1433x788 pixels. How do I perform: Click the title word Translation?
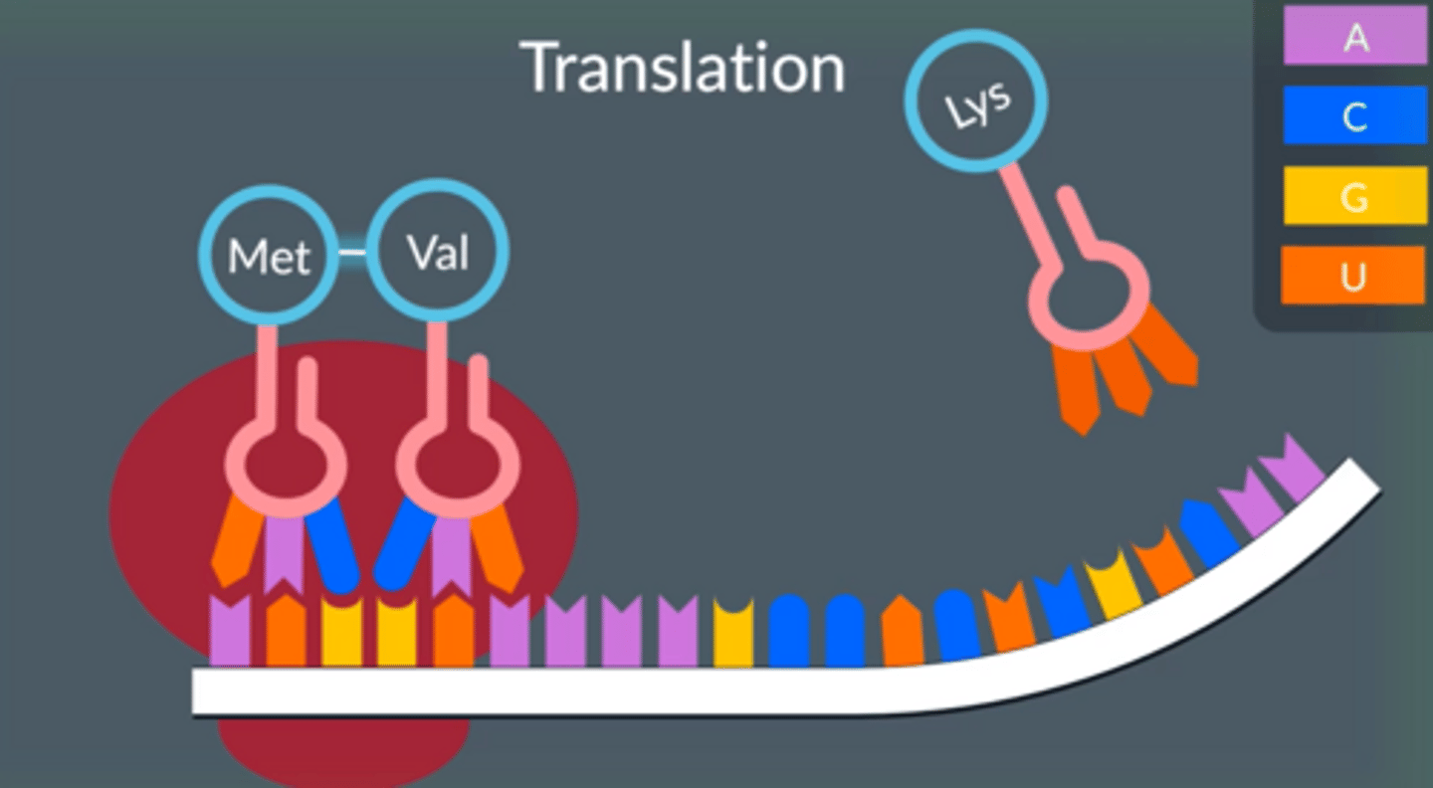pyautogui.click(x=683, y=68)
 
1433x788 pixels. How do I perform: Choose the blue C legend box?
pyautogui.click(x=1354, y=115)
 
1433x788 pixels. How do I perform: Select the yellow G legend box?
pyautogui.click(x=1354, y=196)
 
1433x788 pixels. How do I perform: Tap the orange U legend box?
pyautogui.click(x=1354, y=276)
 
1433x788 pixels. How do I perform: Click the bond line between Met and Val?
pyautogui.click(x=352, y=253)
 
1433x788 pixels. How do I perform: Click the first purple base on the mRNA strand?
pyautogui.click(x=230, y=631)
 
